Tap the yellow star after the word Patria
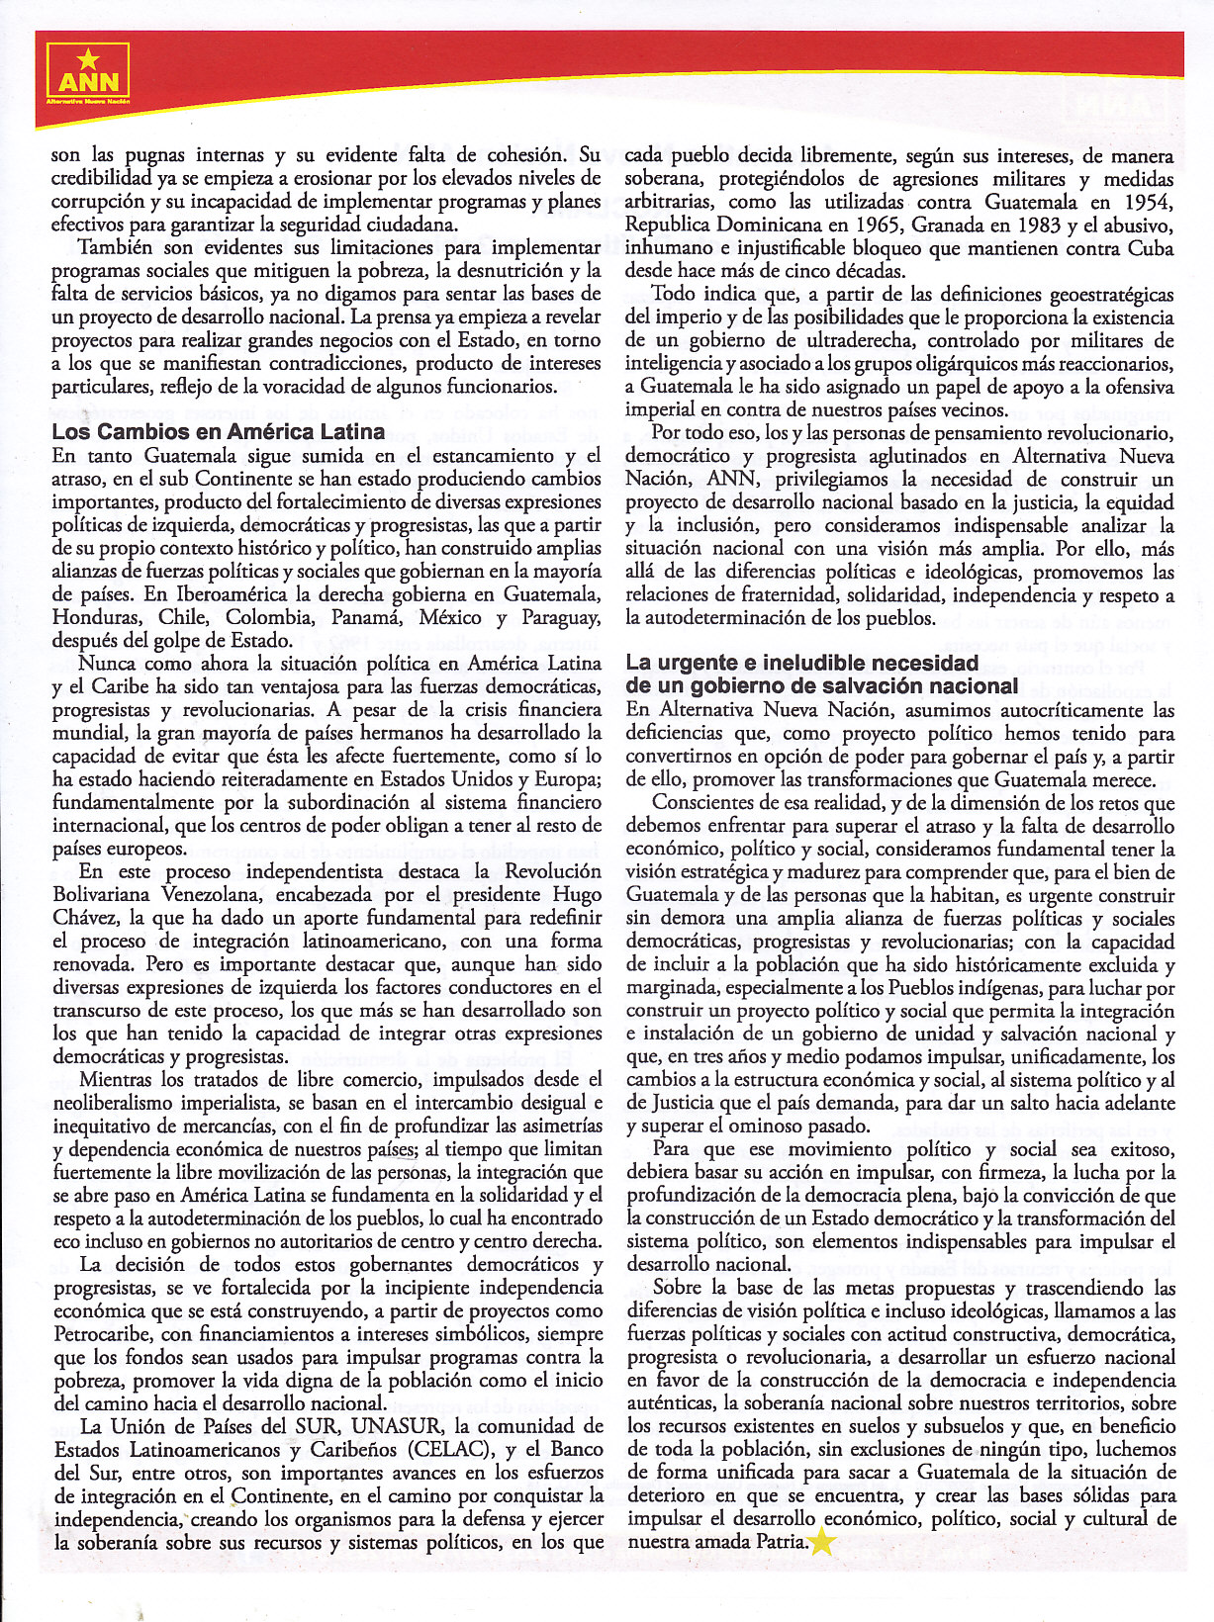click(x=822, y=1541)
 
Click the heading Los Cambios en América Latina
click(x=219, y=431)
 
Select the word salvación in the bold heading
click(x=904, y=685)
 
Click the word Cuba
click(x=1152, y=248)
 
